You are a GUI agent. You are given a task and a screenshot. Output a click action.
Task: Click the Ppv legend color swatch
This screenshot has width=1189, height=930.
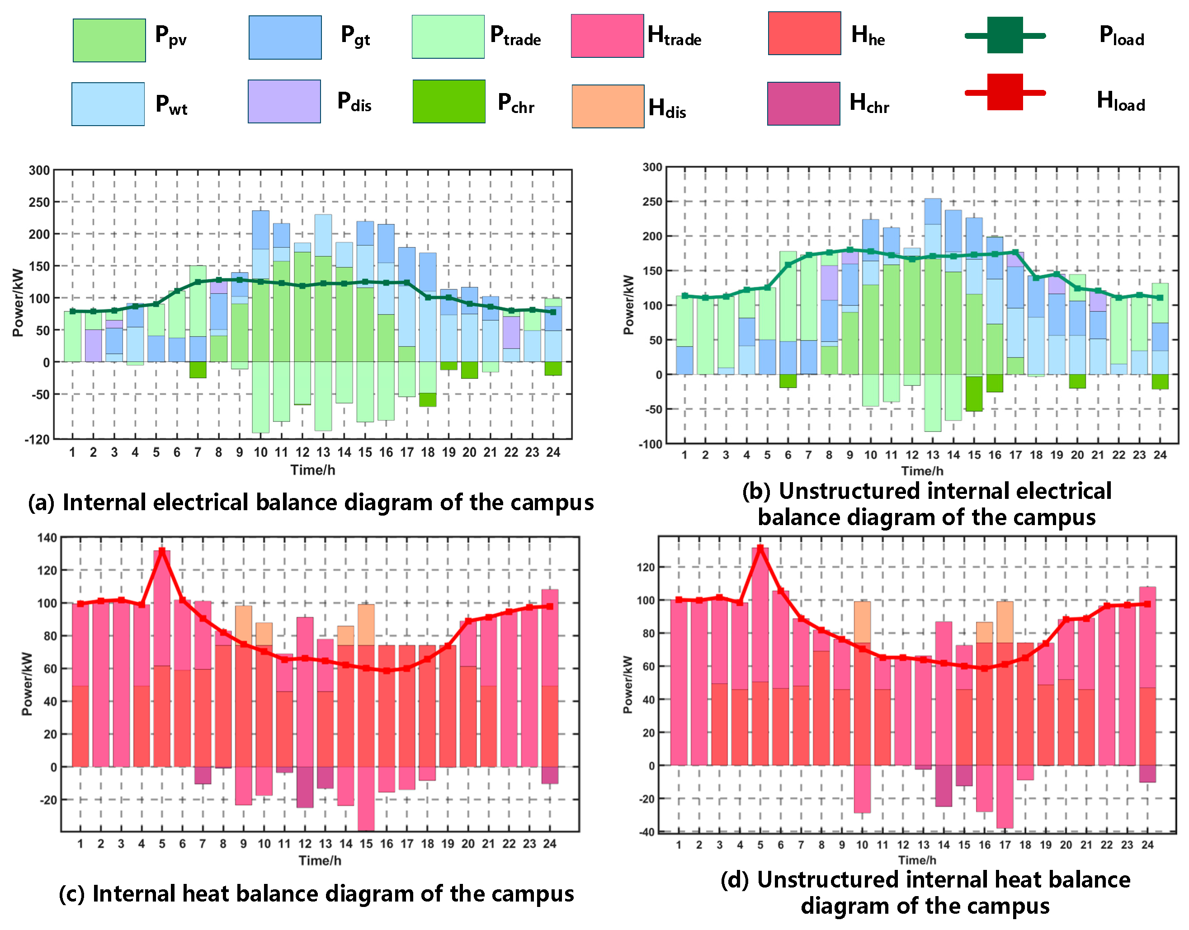(x=109, y=40)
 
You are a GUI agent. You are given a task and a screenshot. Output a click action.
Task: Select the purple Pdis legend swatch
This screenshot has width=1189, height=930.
(x=284, y=101)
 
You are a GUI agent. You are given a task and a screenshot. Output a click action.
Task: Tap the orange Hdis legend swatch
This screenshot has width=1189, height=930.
(x=608, y=106)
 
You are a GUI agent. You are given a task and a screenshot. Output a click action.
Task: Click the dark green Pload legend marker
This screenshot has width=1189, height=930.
(x=1005, y=35)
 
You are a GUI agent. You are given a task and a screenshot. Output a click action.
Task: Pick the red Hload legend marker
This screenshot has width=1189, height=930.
(x=1005, y=92)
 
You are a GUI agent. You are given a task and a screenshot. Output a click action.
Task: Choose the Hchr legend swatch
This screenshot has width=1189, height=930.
(x=803, y=103)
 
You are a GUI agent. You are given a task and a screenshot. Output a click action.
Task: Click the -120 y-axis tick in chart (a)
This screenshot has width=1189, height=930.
(x=37, y=439)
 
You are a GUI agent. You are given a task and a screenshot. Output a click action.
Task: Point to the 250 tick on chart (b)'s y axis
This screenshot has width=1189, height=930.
(x=652, y=202)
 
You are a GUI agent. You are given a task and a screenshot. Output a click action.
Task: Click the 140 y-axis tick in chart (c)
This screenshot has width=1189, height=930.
(x=47, y=538)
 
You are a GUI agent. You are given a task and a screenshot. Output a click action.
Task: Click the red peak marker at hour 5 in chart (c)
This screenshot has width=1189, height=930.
(x=162, y=551)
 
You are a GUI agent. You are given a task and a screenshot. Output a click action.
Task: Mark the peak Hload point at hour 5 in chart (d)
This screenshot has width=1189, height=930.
(x=760, y=547)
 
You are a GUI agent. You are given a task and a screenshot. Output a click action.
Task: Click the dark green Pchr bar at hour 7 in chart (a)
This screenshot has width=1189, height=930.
(x=198, y=370)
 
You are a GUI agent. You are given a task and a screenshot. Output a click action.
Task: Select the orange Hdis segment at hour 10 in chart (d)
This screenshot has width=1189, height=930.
(x=862, y=622)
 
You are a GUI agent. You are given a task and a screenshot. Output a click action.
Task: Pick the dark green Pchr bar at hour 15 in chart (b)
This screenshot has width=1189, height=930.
(x=974, y=394)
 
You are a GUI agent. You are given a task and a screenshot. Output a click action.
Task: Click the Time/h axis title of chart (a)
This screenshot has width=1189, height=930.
(x=313, y=470)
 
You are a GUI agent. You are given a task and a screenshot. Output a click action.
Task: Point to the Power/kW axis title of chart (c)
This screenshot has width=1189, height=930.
(x=27, y=684)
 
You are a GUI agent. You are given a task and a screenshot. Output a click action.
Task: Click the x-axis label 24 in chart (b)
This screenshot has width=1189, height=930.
(x=1160, y=455)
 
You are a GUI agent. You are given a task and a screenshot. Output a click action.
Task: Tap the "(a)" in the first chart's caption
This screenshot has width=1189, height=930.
(x=42, y=503)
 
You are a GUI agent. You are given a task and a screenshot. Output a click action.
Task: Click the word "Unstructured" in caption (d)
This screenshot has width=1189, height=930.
(x=824, y=880)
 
